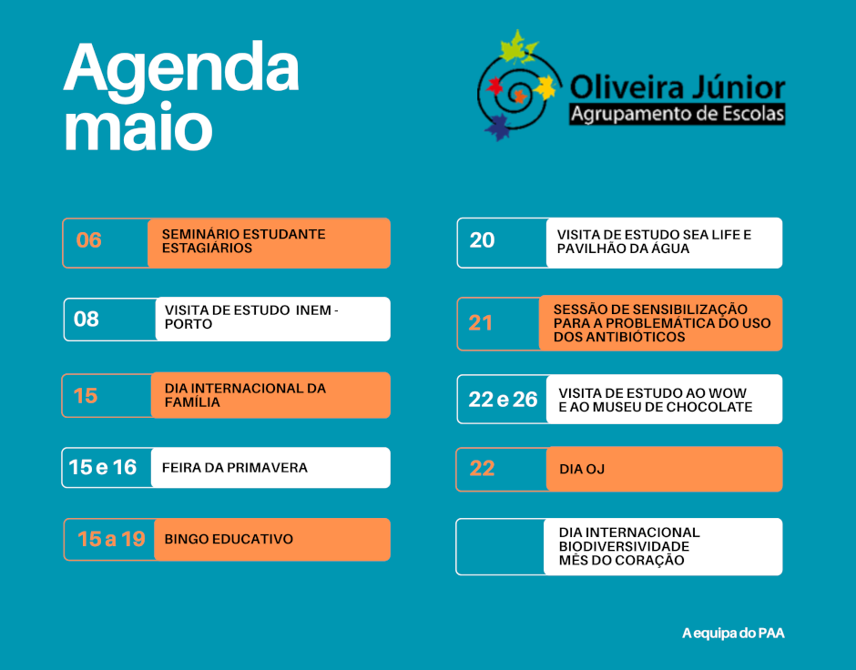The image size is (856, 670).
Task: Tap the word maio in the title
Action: coord(138,127)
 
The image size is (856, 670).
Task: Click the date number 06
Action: coord(89,240)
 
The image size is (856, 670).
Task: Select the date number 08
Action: coord(87,319)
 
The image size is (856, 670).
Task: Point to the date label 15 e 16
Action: coord(103,467)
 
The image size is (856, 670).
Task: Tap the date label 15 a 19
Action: coord(111,539)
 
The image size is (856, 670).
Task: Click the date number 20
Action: coord(482,240)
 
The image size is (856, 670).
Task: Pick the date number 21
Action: coord(481,323)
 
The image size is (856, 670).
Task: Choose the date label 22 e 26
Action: coord(503,400)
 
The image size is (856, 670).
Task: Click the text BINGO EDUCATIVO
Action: coord(229,539)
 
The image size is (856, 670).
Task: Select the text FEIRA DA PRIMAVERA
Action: coord(235,468)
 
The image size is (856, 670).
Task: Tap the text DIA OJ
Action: coord(582,469)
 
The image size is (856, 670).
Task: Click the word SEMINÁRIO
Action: coord(200,234)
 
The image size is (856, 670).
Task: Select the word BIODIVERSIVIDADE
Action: coord(624,547)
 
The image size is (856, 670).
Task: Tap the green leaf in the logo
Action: coord(516,46)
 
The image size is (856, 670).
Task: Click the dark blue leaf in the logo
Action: coord(497,127)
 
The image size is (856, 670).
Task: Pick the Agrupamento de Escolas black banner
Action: coord(677,114)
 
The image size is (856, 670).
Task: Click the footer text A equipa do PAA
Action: coord(733,634)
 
